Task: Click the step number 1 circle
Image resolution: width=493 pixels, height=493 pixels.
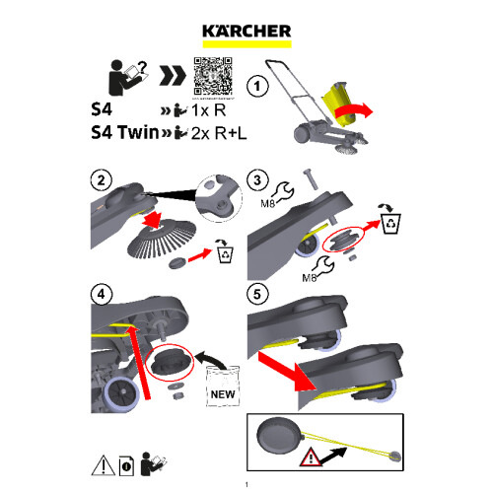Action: pyautogui.click(x=258, y=87)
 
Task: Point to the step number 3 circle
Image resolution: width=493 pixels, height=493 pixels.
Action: pyautogui.click(x=256, y=180)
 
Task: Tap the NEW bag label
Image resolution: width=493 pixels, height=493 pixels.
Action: pyautogui.click(x=222, y=395)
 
